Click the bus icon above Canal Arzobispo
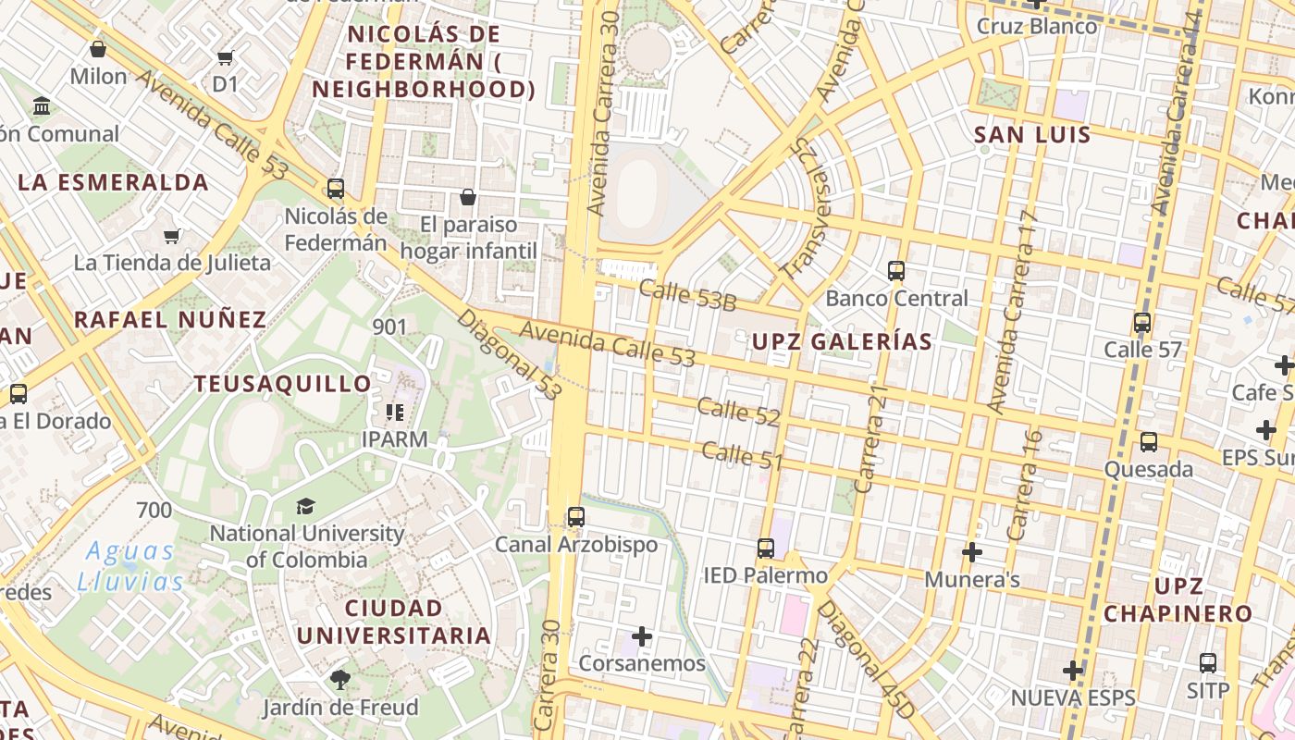click(x=576, y=516)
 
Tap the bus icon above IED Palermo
click(x=766, y=548)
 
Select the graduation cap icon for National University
click(x=305, y=506)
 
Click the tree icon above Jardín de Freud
click(x=340, y=680)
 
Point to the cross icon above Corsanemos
click(x=642, y=636)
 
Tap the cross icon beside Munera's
click(x=971, y=552)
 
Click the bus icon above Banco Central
click(x=895, y=271)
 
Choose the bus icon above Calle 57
click(x=1142, y=323)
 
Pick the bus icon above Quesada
click(x=1149, y=442)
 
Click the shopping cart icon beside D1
click(x=226, y=58)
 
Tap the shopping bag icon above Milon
click(x=98, y=49)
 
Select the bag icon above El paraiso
click(x=468, y=197)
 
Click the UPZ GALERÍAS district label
click(x=842, y=341)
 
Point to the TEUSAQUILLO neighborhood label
click(x=282, y=384)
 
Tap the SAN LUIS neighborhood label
click(x=1032, y=135)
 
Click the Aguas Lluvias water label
click(x=130, y=566)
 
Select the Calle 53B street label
click(x=687, y=296)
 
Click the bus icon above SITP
click(x=1208, y=663)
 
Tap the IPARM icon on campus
click(x=395, y=413)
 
